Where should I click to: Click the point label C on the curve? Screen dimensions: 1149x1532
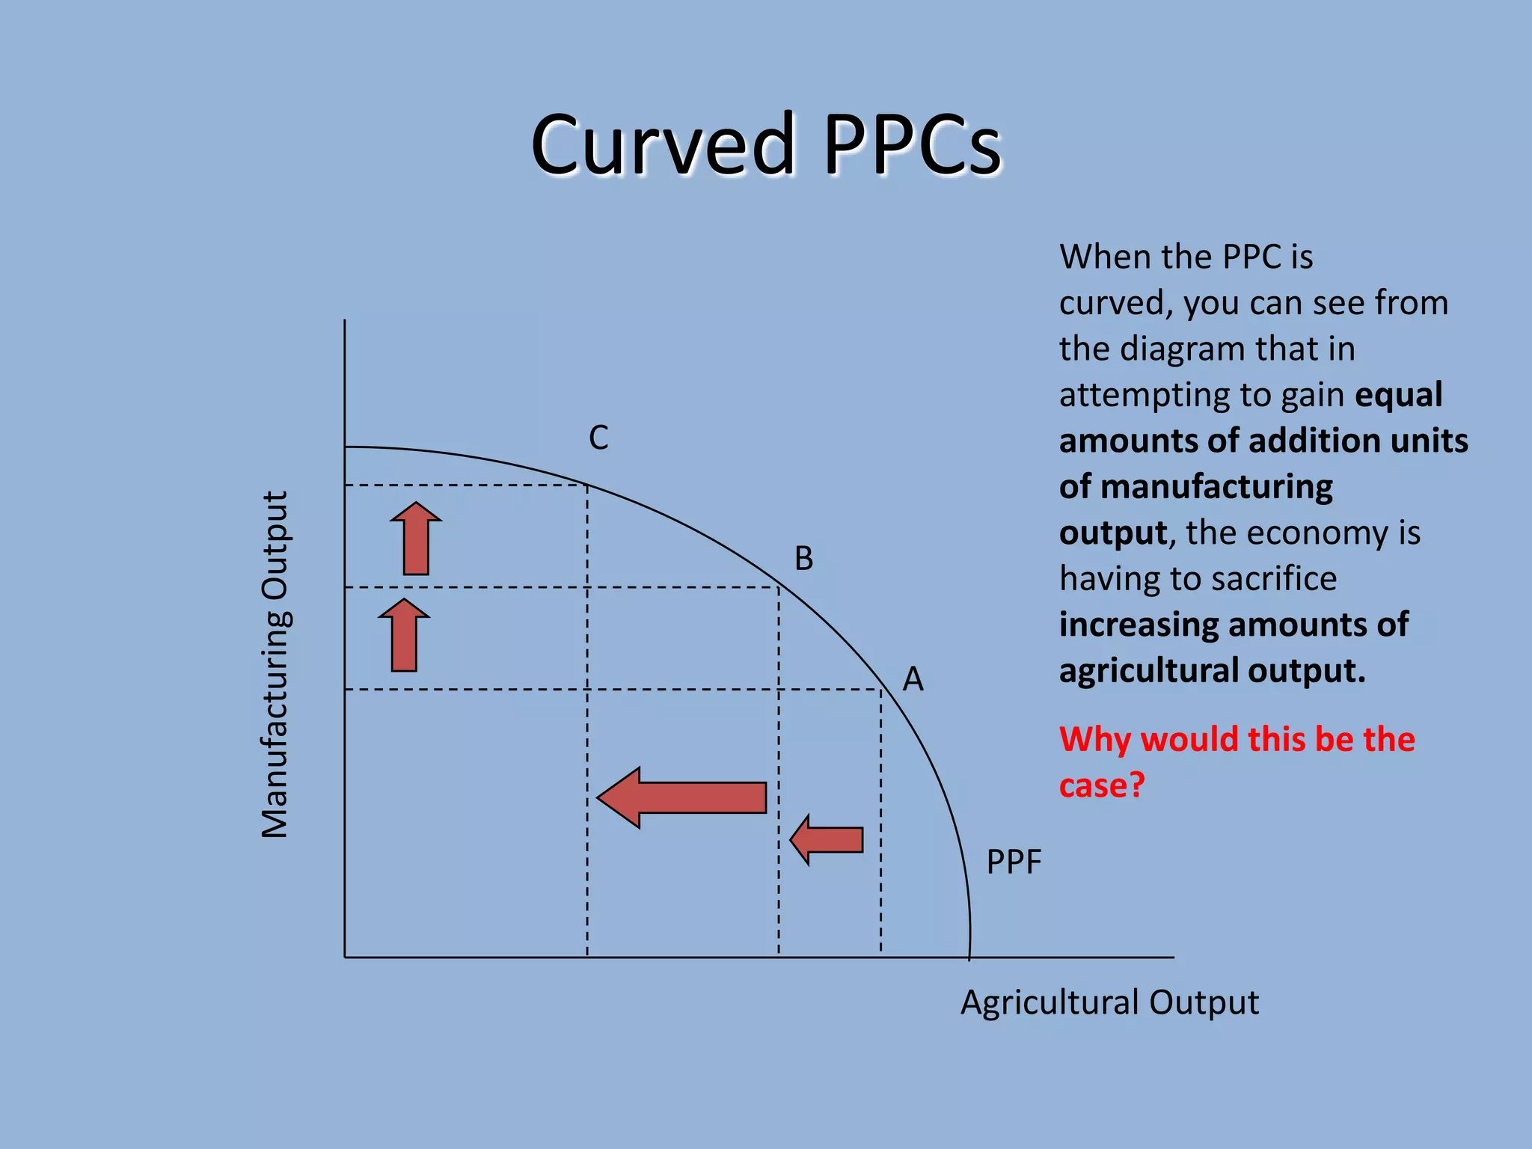click(598, 438)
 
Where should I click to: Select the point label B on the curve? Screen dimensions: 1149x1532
click(803, 558)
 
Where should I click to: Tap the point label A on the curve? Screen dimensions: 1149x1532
click(913, 679)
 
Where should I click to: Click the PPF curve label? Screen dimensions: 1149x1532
click(1014, 862)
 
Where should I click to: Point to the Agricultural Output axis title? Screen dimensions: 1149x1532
click(1109, 1002)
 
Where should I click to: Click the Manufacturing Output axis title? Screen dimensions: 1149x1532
click(275, 664)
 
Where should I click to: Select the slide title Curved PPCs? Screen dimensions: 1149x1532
click(765, 144)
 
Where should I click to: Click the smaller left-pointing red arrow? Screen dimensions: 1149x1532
click(827, 839)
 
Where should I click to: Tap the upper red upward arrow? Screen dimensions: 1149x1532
click(416, 539)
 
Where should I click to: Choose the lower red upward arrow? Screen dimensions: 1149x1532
click(404, 635)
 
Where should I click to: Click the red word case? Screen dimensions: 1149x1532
click(1102, 785)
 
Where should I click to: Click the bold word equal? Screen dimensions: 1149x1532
click(1399, 394)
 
